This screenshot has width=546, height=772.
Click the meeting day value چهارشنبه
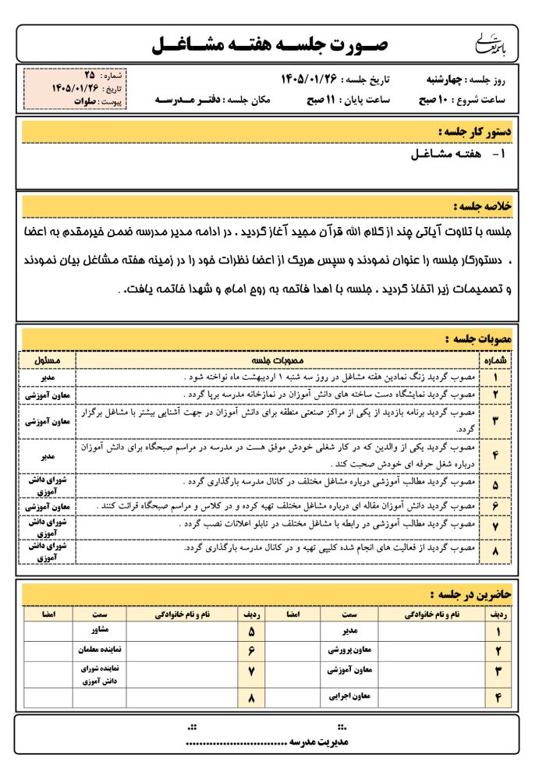click(441, 80)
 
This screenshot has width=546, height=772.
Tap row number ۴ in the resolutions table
click(497, 454)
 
